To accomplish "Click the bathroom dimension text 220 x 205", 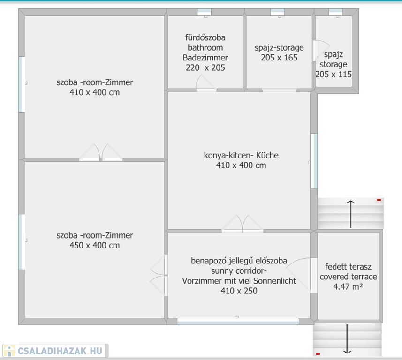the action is pos(205,67).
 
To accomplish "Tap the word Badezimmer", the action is pos(205,58).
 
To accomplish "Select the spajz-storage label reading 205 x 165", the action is pos(279,58).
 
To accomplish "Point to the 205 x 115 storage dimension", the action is pos(334,75).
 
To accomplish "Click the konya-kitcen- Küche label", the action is pos(241,155).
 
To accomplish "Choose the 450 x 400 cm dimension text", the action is pos(95,245).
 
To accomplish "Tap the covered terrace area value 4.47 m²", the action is pos(348,286).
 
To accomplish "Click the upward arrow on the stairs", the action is pos(350,214).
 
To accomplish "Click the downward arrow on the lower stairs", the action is pos(347,339).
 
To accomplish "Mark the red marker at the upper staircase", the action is pos(379,200).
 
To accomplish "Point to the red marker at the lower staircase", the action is pos(318,354).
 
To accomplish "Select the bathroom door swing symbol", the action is pos(206,82).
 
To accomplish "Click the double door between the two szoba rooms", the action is pos(101,152).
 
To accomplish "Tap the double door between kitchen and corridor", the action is pos(243,224).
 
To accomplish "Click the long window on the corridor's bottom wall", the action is pos(238,321).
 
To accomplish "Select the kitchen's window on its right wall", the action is pos(314,161).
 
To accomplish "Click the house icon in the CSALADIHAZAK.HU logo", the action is pos(9,351).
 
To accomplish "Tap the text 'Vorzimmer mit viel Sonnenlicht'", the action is pos(239,281).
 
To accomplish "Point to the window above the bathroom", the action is pos(205,12).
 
